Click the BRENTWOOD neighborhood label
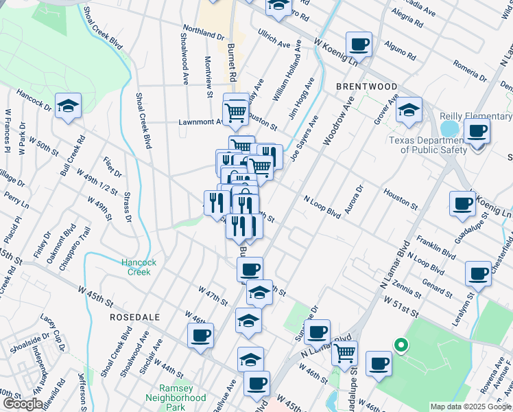(x=367, y=87)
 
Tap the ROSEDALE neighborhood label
(x=136, y=317)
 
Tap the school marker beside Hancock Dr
(x=68, y=106)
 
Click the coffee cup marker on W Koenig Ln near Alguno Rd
(x=359, y=45)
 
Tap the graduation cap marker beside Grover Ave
(x=409, y=110)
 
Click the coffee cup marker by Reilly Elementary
(x=477, y=130)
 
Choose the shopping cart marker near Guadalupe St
(x=344, y=353)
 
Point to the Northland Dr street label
(x=203, y=34)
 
